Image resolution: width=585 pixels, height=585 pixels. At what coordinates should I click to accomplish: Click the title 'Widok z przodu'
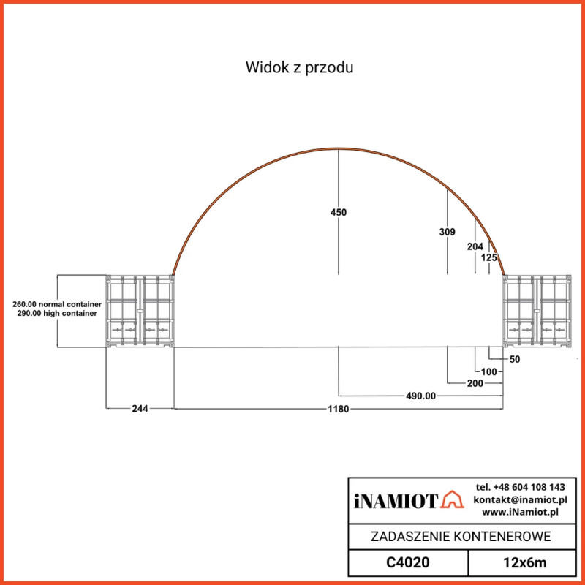coord(300,68)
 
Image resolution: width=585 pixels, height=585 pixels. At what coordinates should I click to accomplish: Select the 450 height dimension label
coord(338,212)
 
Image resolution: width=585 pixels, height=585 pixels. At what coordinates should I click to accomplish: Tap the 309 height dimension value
coord(447,232)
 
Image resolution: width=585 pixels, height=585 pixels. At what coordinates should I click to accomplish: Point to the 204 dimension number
coord(475,246)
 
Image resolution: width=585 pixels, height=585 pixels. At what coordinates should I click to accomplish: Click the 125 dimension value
coord(489,257)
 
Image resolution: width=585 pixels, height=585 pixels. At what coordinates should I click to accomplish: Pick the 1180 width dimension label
coord(338,409)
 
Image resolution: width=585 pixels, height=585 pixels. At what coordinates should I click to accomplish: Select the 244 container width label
coord(140,409)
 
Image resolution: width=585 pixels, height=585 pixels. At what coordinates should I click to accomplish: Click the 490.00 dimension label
coord(420,396)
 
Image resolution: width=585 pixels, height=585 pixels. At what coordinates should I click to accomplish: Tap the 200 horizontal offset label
coord(474,383)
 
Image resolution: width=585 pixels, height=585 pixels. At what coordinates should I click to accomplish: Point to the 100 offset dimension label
coord(488,371)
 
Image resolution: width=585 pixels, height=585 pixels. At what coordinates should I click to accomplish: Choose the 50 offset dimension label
coord(514,359)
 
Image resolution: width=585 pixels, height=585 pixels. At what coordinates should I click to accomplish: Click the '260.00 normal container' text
coord(56,303)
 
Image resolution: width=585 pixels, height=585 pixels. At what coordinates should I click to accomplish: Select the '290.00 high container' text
coord(56,313)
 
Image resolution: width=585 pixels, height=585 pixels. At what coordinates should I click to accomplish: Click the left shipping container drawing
coord(140,312)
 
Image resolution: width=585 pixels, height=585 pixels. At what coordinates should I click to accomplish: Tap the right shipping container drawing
coord(537,312)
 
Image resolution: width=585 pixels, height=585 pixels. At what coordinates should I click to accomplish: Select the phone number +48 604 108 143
coord(520,487)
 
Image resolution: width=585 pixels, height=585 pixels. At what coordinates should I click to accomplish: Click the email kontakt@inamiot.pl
coord(520,499)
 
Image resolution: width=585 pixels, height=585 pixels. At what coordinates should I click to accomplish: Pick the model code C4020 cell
coord(407,562)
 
